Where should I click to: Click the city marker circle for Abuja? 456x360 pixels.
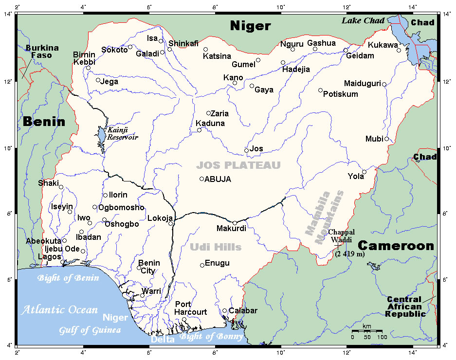pyautogui.click(x=202, y=179)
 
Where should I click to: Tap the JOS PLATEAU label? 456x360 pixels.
pyautogui.click(x=238, y=165)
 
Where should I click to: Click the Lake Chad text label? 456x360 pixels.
pyautogui.click(x=363, y=20)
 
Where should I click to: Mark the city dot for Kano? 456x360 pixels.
pyautogui.click(x=235, y=83)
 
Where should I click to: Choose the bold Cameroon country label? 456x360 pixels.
pyautogui.click(x=396, y=246)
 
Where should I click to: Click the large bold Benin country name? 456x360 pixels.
pyautogui.click(x=44, y=122)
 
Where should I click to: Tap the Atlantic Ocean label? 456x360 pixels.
pyautogui.click(x=59, y=309)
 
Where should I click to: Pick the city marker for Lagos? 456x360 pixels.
pyautogui.click(x=62, y=262)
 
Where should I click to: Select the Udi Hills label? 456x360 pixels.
pyautogui.click(x=216, y=247)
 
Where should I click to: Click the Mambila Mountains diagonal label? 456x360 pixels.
pyautogui.click(x=325, y=213)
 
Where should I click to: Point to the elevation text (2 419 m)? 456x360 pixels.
pyautogui.click(x=349, y=254)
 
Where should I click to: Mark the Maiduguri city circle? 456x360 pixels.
pyautogui.click(x=384, y=84)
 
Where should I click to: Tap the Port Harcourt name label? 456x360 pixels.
pyautogui.click(x=191, y=308)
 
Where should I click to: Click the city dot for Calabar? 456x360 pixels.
pyautogui.click(x=225, y=311)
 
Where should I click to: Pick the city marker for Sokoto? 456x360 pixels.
pyautogui.click(x=130, y=47)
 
